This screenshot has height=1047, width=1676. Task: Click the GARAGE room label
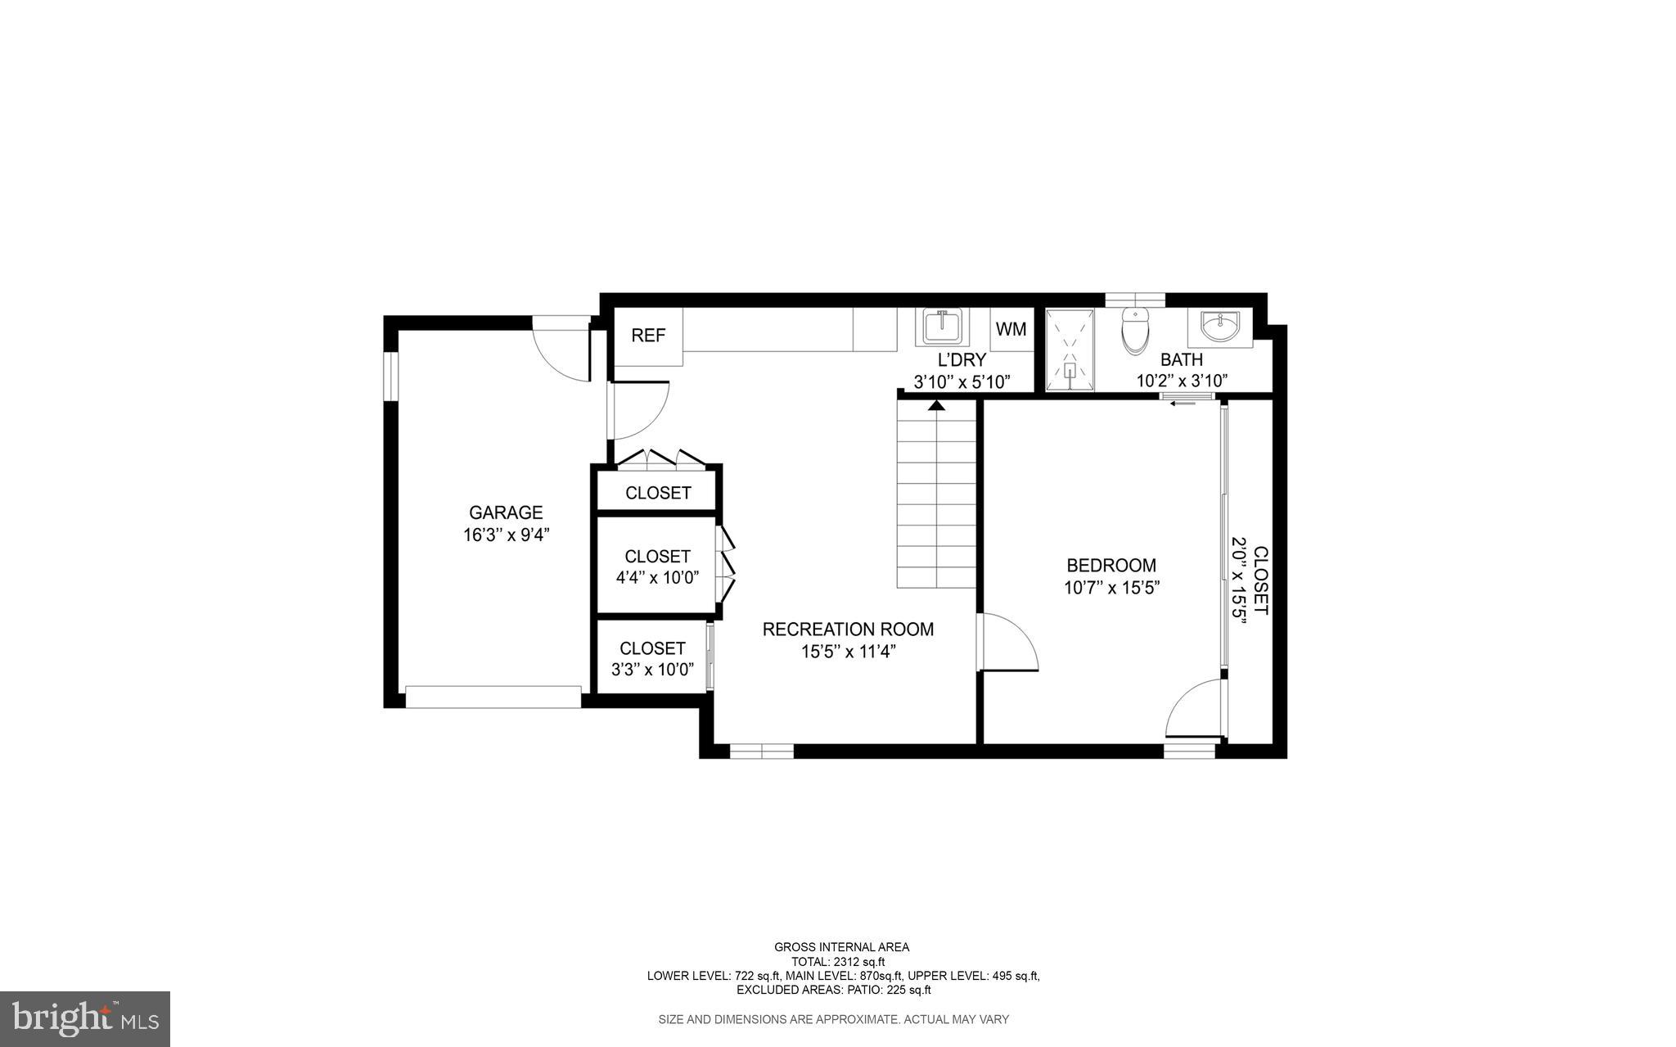[505, 512]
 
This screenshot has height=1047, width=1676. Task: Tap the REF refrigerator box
[648, 336]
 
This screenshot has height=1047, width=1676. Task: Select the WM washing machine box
[1011, 329]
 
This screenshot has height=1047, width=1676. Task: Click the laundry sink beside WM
[941, 327]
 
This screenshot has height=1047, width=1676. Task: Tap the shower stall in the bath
[1070, 350]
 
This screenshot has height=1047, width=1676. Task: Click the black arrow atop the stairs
[937, 405]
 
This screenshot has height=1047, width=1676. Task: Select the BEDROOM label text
[1111, 565]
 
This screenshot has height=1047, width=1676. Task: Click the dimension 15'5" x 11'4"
[849, 652]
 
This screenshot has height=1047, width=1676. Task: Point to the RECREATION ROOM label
[848, 630]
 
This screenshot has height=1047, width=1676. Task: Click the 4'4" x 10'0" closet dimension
[657, 578]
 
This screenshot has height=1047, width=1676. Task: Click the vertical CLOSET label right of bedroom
[1261, 580]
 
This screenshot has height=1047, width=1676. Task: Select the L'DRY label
[962, 359]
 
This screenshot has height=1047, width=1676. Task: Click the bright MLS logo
[85, 1019]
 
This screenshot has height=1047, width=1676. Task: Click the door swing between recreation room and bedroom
[1008, 643]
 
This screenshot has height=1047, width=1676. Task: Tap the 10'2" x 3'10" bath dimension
[1182, 381]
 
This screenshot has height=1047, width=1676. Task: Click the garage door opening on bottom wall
[493, 697]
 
